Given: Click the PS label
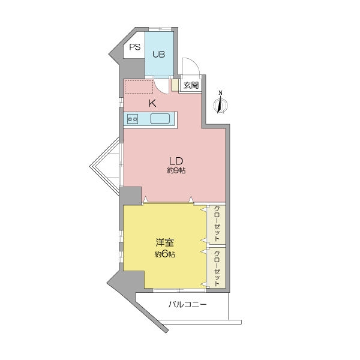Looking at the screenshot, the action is tap(135, 47).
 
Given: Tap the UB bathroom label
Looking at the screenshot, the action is tap(158, 55).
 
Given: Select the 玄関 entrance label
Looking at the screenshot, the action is tap(191, 85).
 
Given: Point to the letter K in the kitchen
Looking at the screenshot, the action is tap(152, 104).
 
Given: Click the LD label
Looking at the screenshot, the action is tap(176, 161).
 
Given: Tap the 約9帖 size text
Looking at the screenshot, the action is tap(176, 170).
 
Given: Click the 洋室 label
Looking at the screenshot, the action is tap(164, 242).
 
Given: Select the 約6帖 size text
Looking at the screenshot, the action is tap(164, 254).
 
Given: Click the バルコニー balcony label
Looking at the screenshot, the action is tap(188, 305).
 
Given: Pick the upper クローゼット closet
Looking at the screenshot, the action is tap(217, 224).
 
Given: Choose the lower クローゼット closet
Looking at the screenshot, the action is tap(217, 268).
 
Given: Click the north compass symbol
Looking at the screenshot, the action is tap(220, 104).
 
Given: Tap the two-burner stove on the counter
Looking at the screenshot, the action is tap(133, 119).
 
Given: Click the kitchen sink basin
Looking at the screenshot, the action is tap(160, 119).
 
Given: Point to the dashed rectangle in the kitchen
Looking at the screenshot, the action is tap(139, 86).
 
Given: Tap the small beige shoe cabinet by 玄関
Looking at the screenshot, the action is tap(175, 85).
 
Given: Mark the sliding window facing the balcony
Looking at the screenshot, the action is tap(179, 290).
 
